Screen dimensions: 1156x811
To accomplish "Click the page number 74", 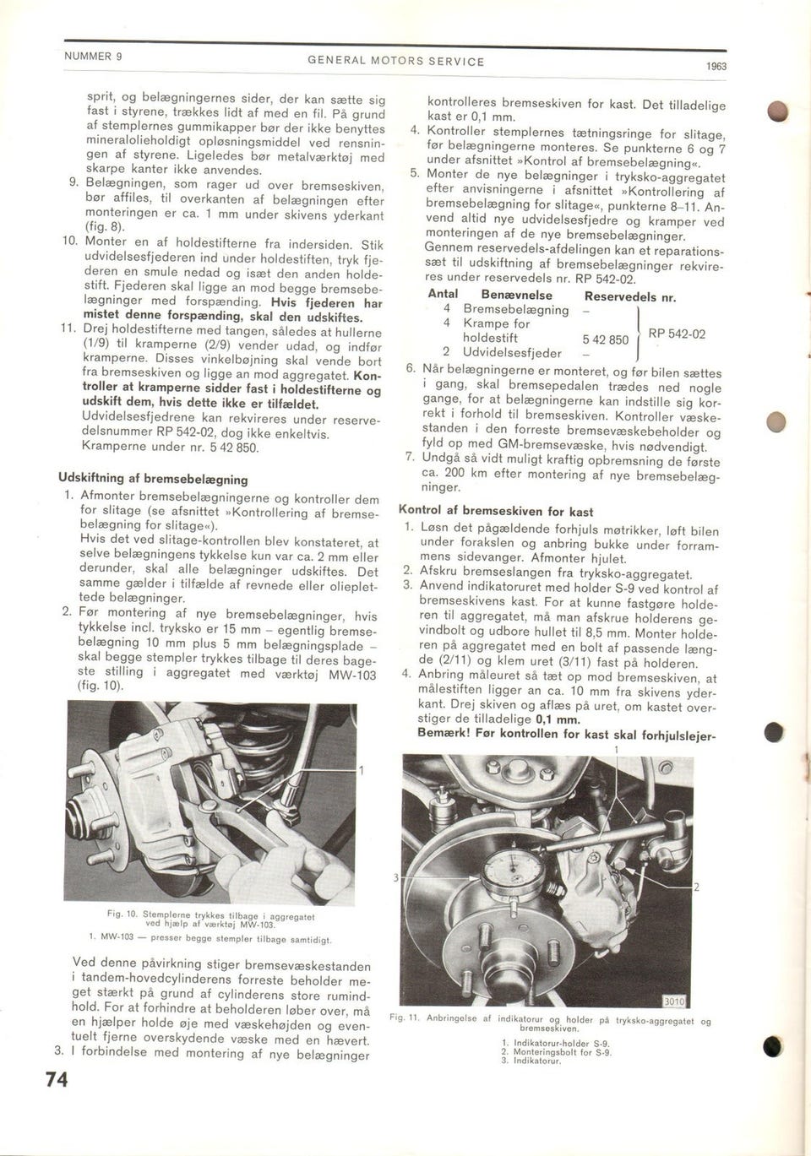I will pyautogui.click(x=57, y=1081).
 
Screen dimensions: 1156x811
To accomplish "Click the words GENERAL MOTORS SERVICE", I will pyautogui.click(x=395, y=62).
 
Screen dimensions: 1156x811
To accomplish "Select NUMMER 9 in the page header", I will pyautogui.click(x=94, y=57).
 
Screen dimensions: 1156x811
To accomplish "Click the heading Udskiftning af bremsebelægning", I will pyautogui.click(x=152, y=479).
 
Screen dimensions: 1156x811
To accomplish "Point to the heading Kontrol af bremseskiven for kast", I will pyautogui.click(x=496, y=512).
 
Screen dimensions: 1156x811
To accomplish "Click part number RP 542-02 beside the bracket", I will pyautogui.click(x=677, y=334).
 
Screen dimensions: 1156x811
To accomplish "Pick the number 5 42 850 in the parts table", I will pyautogui.click(x=606, y=340).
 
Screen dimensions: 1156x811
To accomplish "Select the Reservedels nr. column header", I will pyautogui.click(x=630, y=296).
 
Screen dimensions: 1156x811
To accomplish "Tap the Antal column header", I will pyautogui.click(x=443, y=295).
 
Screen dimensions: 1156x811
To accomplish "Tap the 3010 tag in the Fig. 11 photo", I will pyautogui.click(x=673, y=1001).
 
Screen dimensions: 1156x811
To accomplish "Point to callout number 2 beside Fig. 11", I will pyautogui.click(x=696, y=887).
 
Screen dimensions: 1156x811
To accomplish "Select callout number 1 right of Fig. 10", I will pyautogui.click(x=362, y=770).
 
